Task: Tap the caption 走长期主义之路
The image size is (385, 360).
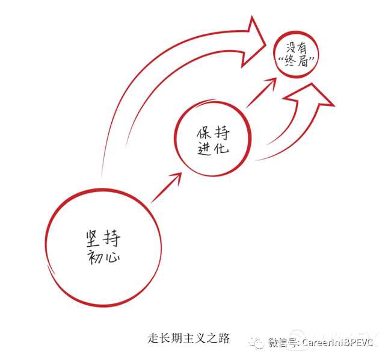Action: click(189, 338)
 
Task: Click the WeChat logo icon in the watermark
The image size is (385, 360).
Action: click(257, 343)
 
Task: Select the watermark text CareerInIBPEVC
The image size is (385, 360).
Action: click(337, 343)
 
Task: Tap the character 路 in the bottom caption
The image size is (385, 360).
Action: click(224, 338)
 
